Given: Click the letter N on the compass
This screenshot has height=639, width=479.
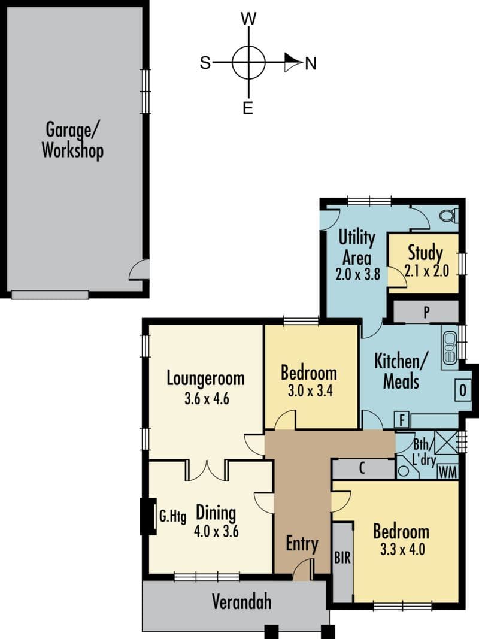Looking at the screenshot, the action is (311, 63).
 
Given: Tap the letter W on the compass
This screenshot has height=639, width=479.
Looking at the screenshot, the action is (248, 19).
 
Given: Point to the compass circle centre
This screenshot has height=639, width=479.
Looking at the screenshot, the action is (248, 63).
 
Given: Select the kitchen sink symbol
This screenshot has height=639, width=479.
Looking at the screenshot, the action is (450, 347).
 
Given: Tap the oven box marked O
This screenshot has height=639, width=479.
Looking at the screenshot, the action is (463, 390).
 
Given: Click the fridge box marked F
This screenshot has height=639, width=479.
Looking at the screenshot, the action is (402, 420).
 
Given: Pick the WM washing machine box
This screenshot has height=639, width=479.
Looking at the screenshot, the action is (448, 473).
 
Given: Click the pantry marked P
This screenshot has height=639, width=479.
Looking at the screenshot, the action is (426, 312).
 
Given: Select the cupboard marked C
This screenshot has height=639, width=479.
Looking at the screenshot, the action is (362, 469).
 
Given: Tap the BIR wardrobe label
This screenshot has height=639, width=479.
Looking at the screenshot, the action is (342, 558).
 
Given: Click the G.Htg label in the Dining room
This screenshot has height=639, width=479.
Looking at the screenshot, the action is (172, 517).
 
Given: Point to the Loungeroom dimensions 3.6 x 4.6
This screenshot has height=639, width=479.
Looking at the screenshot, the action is (207, 398).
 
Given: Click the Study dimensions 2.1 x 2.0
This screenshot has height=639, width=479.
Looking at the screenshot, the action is (427, 271).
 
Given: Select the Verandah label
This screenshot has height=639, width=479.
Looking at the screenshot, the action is (241, 601).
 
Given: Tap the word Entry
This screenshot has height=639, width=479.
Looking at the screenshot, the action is (302, 544).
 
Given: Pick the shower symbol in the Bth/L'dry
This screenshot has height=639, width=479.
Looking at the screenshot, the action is (446, 442).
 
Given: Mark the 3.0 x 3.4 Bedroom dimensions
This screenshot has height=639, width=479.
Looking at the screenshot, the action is (310, 391).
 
